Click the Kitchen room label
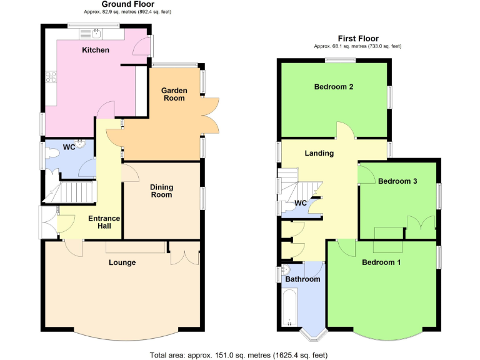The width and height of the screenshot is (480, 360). pyautogui.click(x=96, y=50)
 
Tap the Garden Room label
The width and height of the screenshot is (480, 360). pyautogui.click(x=175, y=94)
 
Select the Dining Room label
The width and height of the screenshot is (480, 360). pyautogui.click(x=161, y=191)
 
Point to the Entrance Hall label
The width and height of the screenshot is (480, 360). pyautogui.click(x=104, y=222)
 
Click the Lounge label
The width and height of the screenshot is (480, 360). pyautogui.click(x=122, y=262)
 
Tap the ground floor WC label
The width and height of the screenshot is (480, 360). pyautogui.click(x=69, y=147)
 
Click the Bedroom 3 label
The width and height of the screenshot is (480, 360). pyautogui.click(x=397, y=181)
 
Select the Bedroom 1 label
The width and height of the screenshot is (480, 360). pyautogui.click(x=381, y=262)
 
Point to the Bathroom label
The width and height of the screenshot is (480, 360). pyautogui.click(x=302, y=279)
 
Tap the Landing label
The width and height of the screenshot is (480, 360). pyautogui.click(x=319, y=153)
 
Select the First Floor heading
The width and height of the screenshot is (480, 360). pyautogui.click(x=357, y=38)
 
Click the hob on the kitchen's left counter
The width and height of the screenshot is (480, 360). pyautogui.click(x=50, y=77)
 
